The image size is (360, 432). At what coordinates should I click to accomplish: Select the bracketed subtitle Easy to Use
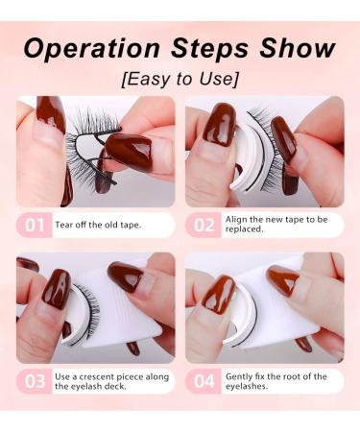pyautogui.click(x=180, y=78)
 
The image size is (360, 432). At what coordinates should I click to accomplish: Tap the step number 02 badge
pyautogui.click(x=203, y=226)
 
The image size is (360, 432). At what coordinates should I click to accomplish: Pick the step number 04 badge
pyautogui.click(x=203, y=380)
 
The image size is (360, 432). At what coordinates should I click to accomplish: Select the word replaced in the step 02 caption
pyautogui.click(x=248, y=231)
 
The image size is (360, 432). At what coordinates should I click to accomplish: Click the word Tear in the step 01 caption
pyautogui.click(x=67, y=226)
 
